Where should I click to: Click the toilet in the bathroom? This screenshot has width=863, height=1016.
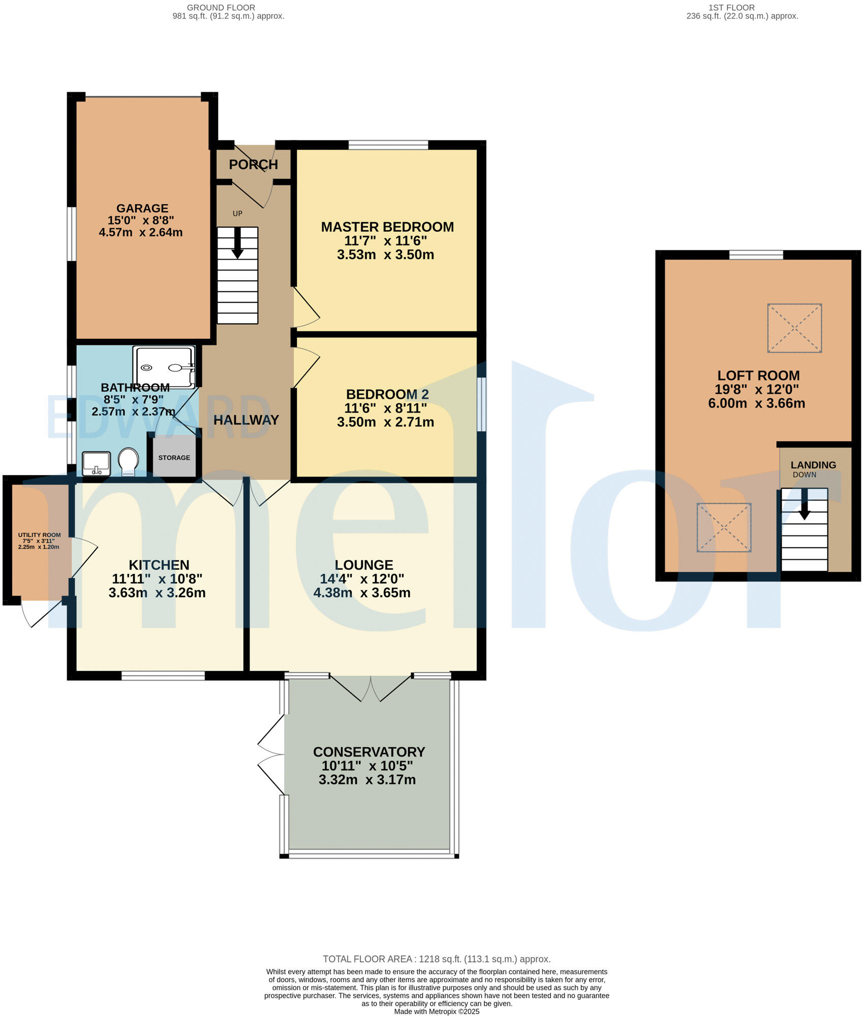point(128,461)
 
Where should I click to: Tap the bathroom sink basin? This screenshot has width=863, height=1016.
point(97,464)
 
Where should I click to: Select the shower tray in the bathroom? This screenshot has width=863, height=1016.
point(164,367)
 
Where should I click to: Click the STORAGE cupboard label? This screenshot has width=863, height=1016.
point(174,458)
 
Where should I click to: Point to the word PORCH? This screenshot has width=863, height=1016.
point(254,165)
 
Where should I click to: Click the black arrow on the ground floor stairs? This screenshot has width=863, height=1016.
point(237,243)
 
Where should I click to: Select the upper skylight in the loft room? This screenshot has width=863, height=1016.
point(794,328)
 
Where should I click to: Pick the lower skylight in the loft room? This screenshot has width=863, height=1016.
point(724,527)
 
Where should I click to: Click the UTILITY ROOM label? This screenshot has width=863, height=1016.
point(40,535)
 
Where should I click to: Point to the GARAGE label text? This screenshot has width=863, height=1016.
point(142,208)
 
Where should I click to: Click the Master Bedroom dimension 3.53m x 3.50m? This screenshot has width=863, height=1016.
point(386,255)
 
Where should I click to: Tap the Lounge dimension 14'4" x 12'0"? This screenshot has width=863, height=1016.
point(362,579)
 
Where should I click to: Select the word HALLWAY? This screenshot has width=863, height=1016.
point(246,420)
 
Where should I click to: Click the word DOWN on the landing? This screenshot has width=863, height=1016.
point(805,475)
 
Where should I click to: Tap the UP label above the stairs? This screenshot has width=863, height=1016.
point(237,213)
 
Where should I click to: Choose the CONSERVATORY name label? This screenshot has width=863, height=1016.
point(369,752)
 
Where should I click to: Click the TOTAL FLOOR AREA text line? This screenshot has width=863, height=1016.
point(437,959)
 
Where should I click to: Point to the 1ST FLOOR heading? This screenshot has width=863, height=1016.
point(731,8)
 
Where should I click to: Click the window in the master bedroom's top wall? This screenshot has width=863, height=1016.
point(388,145)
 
